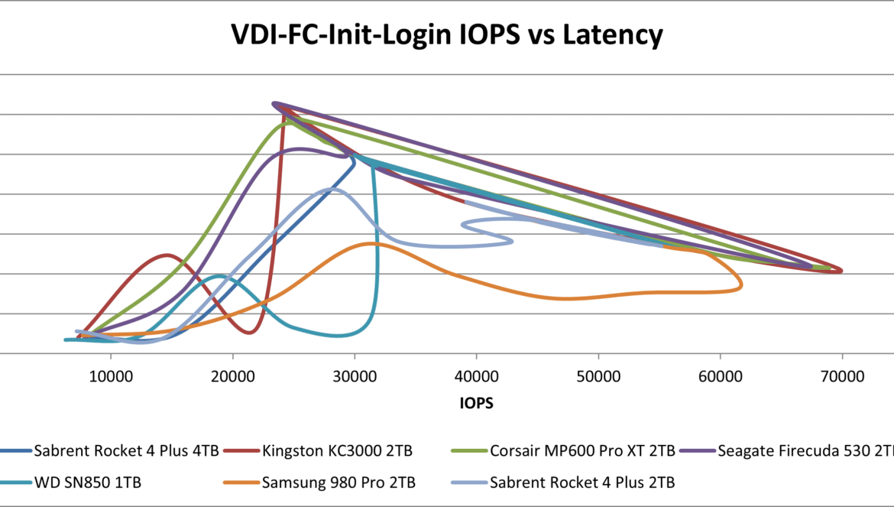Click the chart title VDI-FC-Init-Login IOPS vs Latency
coord(447,35)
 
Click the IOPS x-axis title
coord(476,404)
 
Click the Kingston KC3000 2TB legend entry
coord(336,450)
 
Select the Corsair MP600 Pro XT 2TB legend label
coord(582,450)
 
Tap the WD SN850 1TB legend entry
coord(88,483)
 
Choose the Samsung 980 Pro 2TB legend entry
coord(338,483)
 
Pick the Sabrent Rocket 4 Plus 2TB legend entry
coord(583,483)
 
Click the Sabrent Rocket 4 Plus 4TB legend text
coord(126,450)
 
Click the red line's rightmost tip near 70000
coord(841,270)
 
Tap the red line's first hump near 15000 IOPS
coord(168,255)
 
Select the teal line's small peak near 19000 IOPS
coord(220,275)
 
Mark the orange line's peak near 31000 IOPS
coord(371,243)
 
